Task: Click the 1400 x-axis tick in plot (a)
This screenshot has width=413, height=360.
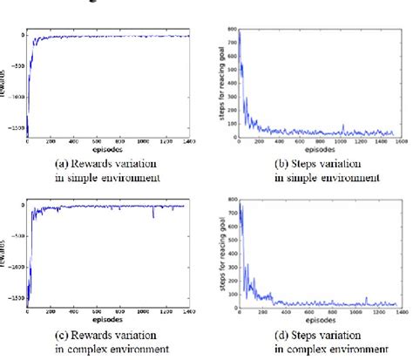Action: coord(189,143)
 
